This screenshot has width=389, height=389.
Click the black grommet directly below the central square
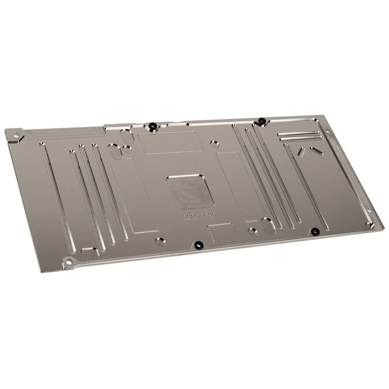pyautogui.click(x=198, y=245)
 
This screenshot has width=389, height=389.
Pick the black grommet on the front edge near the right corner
pyautogui.click(x=315, y=231)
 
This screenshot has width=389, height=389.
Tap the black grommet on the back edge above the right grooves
pyautogui.click(x=261, y=121)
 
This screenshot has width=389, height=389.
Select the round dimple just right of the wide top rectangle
pyautogui.click(x=214, y=143)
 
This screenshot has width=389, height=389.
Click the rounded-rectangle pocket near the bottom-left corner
pyautogui.click(x=89, y=253)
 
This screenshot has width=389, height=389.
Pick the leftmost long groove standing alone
pyautogui.click(x=57, y=196)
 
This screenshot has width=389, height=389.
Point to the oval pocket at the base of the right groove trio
pyautogui.click(x=268, y=225)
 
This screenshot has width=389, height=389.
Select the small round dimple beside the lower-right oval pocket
pyautogui.click(x=252, y=231)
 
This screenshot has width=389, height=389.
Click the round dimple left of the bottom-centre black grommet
pyautogui.click(x=160, y=241)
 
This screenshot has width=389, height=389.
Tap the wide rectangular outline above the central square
pyautogui.click(x=170, y=142)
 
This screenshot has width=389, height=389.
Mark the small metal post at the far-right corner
pyautogui.click(x=370, y=225)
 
